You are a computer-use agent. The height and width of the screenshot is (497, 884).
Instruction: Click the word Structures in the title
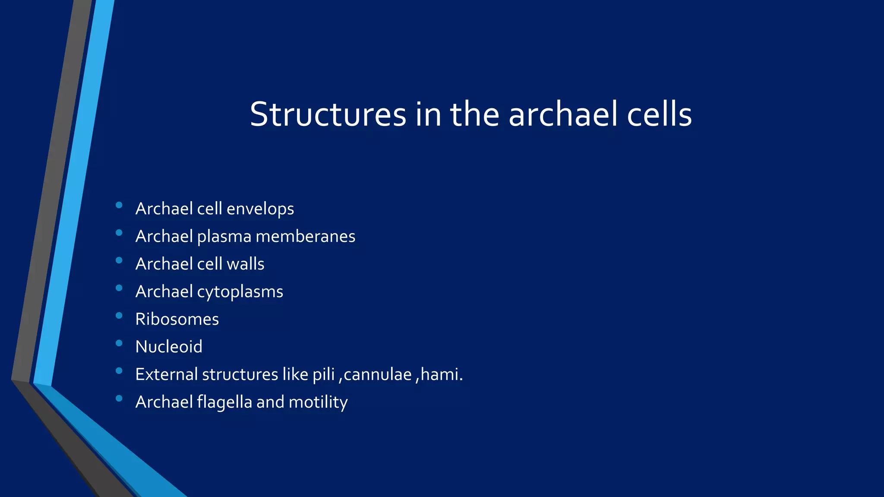tap(328, 114)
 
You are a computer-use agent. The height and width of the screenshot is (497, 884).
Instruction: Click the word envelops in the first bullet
tap(260, 209)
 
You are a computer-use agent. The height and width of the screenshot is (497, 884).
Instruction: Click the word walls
tap(245, 264)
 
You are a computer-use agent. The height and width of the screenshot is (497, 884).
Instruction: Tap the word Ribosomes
tap(177, 319)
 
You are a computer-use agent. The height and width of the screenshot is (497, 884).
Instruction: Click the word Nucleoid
tap(169, 347)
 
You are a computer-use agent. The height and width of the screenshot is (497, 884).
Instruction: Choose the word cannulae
tap(378, 374)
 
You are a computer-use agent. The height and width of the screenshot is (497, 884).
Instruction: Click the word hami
tap(441, 374)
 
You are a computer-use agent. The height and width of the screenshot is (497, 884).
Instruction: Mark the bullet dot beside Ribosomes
tap(119, 316)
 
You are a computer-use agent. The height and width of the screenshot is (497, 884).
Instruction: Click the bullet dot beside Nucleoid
tap(119, 343)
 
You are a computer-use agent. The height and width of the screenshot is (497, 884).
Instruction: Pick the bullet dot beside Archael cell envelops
tap(119, 205)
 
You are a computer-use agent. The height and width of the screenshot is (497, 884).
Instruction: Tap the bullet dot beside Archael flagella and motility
tap(119, 399)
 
